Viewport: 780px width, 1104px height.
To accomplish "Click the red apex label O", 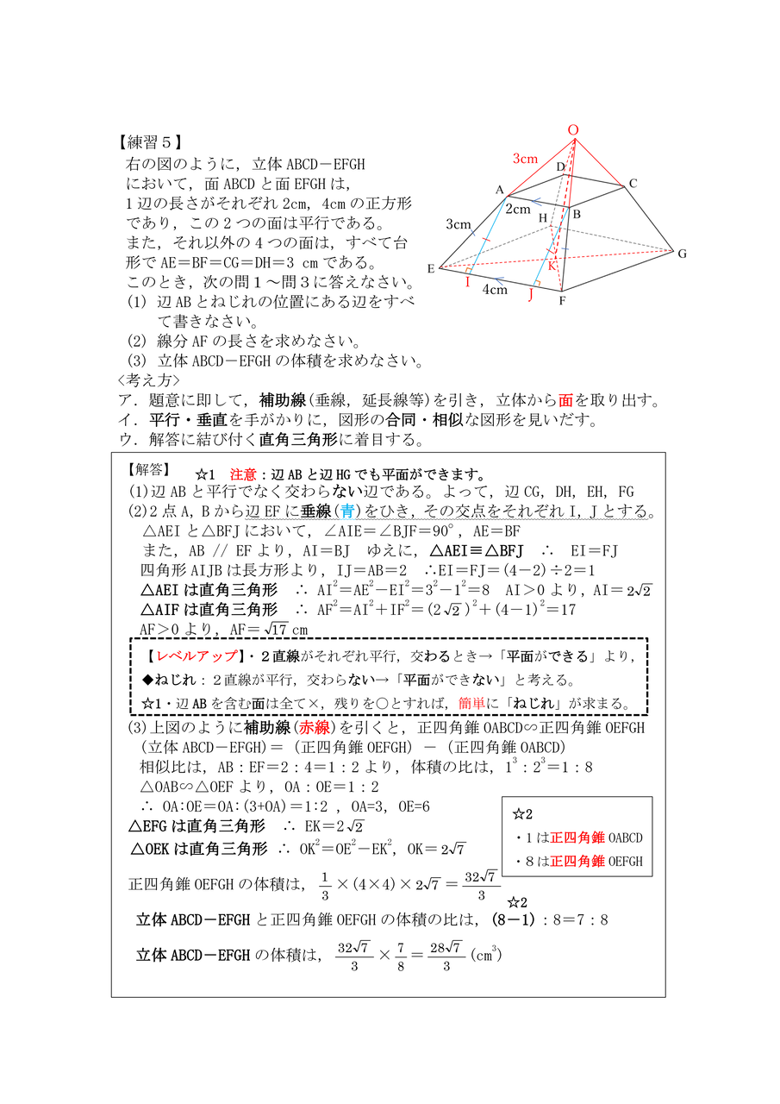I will [x=573, y=130].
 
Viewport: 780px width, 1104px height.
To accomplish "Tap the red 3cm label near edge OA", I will [x=525, y=159].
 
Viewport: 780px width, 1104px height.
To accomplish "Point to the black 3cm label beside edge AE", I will [x=458, y=225].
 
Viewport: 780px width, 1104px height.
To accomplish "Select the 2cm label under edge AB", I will [x=518, y=209].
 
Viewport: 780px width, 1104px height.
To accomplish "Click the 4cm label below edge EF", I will [x=494, y=290].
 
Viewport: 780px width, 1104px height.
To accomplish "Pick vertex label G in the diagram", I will [x=681, y=254].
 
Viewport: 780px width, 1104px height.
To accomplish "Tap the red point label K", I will [x=552, y=266].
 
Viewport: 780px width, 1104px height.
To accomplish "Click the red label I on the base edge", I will [x=467, y=282].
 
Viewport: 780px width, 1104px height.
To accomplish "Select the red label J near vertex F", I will [x=530, y=295].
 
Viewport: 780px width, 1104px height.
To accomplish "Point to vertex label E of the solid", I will [x=430, y=269].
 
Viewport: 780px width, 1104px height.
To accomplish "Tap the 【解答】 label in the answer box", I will [x=147, y=471].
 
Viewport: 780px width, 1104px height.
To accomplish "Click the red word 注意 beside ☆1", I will [x=242, y=475].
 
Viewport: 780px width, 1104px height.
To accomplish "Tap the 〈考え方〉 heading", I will [x=148, y=379].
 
